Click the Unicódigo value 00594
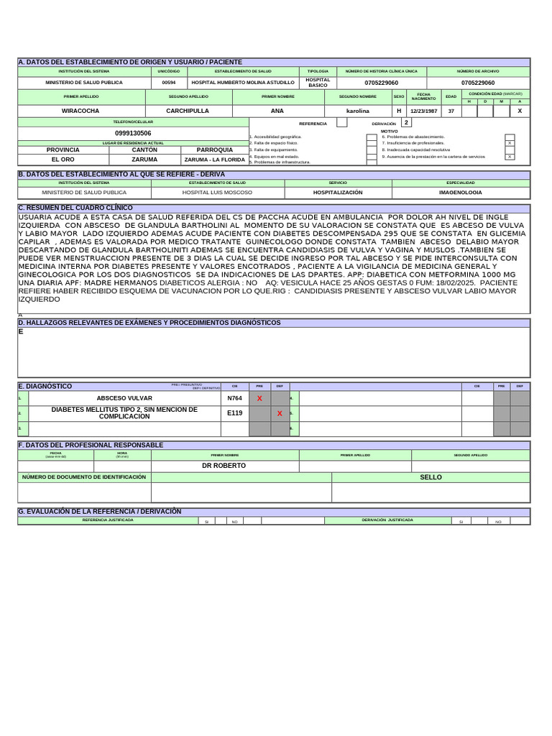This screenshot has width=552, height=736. coord(168,83)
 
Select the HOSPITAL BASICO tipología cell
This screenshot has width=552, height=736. coord(318,83)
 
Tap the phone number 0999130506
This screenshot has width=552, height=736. coord(133,133)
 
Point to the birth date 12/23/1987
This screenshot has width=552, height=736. coord(423,111)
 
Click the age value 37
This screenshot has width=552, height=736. coord(451,111)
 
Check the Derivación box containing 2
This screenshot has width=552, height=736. coord(406,123)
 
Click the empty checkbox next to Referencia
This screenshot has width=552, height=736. coord(341,123)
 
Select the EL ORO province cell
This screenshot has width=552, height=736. coord(63,160)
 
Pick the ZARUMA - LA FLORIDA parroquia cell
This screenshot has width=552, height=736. coord(214,160)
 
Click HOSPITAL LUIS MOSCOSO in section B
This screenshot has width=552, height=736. coord(217,193)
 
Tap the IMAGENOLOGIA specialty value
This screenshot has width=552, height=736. coord(461,193)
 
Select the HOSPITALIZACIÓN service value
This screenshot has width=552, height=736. coord(338,193)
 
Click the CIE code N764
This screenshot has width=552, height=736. coord(234,398)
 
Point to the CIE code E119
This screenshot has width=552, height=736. coord(234,413)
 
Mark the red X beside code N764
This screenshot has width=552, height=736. coord(259,398)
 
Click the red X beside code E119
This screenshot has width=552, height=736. coord(280,413)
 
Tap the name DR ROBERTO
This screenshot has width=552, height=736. coord(224,466)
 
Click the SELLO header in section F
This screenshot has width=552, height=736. coord(431,477)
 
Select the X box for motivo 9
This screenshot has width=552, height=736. coord(510,156)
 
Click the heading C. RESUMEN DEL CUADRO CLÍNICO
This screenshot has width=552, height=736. coord(75,208)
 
